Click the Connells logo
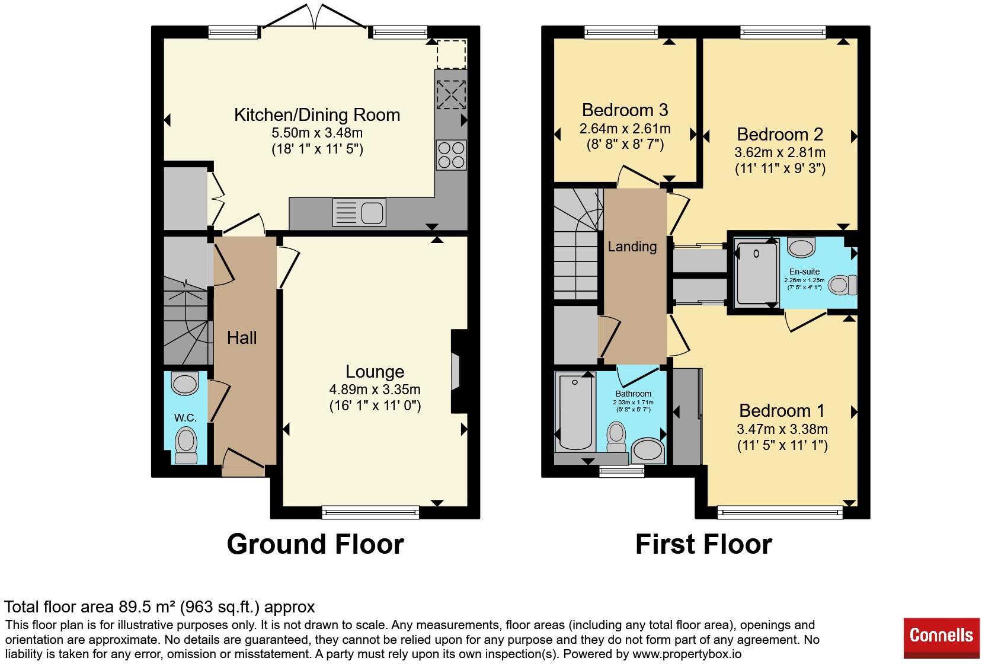pyautogui.click(x=941, y=637)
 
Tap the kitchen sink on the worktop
pyautogui.click(x=359, y=213)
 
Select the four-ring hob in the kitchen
pyautogui.click(x=451, y=155)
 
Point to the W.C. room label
pyautogui.click(x=185, y=417)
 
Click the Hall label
pyautogui.click(x=242, y=338)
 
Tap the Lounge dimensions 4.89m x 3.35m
pyautogui.click(x=375, y=390)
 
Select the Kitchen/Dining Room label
pyautogui.click(x=317, y=115)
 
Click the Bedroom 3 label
pyautogui.click(x=625, y=110)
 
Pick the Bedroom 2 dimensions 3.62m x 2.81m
pyautogui.click(x=780, y=152)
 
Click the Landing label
pyautogui.click(x=632, y=247)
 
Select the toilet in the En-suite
pyautogui.click(x=843, y=285)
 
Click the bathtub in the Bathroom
pyautogui.click(x=575, y=412)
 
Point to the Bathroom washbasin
pyautogui.click(x=648, y=451)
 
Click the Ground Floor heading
pyautogui.click(x=315, y=544)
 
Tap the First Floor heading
pyautogui.click(x=703, y=544)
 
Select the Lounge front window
pyautogui.click(x=370, y=512)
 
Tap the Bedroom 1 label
pyautogui.click(x=782, y=411)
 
